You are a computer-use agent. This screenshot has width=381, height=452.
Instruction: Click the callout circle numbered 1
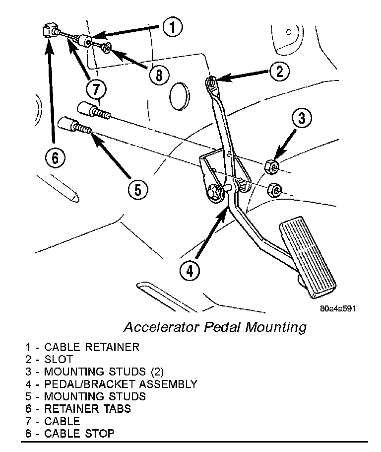coord(171,27)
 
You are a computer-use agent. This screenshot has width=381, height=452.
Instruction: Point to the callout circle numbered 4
coord(190,271)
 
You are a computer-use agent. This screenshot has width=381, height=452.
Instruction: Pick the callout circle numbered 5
coord(137,189)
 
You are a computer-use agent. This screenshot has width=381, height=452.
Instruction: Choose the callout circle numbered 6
coord(55,158)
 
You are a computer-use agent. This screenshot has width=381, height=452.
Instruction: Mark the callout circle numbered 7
coord(96,89)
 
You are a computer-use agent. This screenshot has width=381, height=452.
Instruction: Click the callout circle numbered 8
coord(158,75)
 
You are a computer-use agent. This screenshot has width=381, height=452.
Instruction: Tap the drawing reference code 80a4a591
coord(337,308)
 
